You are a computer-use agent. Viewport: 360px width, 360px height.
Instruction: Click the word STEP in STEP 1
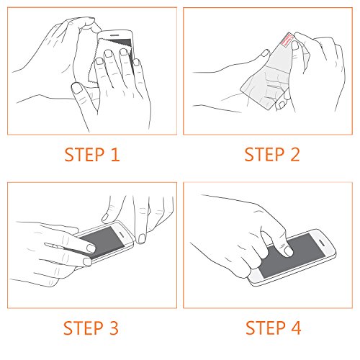click(84, 155)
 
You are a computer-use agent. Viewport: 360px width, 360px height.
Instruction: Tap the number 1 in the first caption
click(115, 155)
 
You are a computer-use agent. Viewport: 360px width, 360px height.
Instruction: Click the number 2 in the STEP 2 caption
click(295, 154)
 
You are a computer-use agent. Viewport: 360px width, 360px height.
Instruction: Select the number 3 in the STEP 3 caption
click(114, 328)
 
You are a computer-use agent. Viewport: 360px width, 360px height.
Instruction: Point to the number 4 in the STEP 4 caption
click(296, 328)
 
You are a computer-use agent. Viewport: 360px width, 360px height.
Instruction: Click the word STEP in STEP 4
click(266, 328)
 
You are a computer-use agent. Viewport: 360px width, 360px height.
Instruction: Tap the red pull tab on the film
click(287, 40)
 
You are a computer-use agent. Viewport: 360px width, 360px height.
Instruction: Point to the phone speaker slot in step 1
click(114, 35)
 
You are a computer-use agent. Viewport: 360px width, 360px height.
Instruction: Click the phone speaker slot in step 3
click(122, 234)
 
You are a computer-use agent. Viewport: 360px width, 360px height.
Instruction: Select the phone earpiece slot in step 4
click(322, 243)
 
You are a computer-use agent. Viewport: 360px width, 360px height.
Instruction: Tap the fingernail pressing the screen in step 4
click(288, 251)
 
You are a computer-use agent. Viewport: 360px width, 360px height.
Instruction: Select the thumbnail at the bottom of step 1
click(77, 88)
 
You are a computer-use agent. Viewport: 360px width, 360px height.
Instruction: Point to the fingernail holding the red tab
click(294, 45)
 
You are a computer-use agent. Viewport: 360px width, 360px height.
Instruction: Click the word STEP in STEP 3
click(84, 328)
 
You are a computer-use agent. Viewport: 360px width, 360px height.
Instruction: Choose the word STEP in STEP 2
click(264, 154)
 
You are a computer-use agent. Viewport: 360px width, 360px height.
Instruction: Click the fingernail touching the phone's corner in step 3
click(142, 238)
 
